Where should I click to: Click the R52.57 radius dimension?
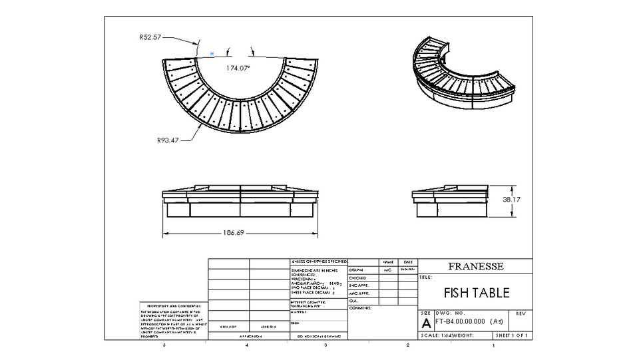click(x=150, y=38)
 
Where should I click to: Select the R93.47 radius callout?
click(x=168, y=140)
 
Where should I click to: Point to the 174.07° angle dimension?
click(x=238, y=68)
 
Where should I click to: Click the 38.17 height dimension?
click(x=511, y=199)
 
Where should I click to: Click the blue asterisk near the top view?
click(x=212, y=53)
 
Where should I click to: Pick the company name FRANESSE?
click(x=476, y=266)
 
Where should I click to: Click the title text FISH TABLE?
click(x=476, y=293)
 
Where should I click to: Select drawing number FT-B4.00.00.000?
click(x=469, y=321)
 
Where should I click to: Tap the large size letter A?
click(x=426, y=323)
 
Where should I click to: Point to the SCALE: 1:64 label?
click(x=437, y=336)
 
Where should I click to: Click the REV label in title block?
click(x=521, y=313)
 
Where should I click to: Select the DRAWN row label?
click(x=358, y=270)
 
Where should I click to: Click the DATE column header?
click(x=407, y=262)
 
